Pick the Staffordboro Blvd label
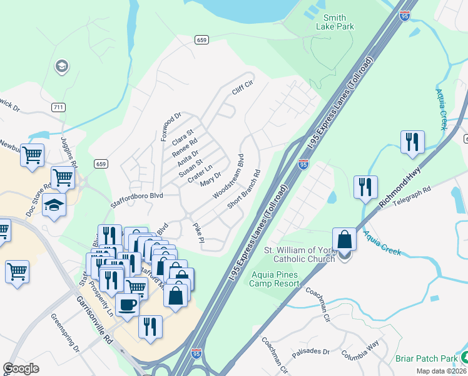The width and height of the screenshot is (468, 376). click(x=137, y=196)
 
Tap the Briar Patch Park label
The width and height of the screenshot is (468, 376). click(x=427, y=359)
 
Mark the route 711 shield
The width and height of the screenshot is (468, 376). click(x=58, y=107)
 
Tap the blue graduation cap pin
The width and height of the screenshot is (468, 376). click(x=54, y=205)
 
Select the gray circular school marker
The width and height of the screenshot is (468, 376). click(x=61, y=66)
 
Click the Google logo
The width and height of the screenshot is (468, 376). click(x=21, y=368)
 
